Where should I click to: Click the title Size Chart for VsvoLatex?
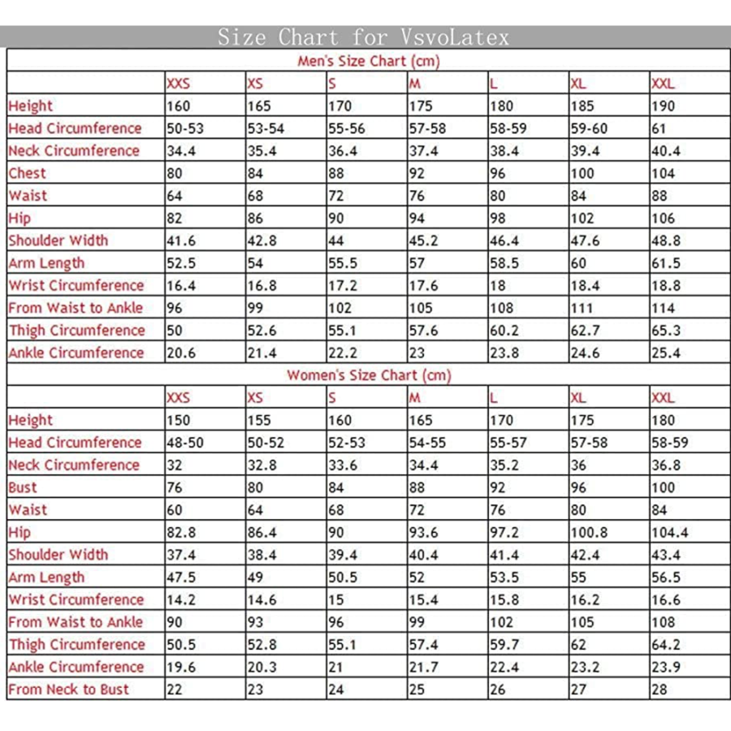pyautogui.click(x=362, y=37)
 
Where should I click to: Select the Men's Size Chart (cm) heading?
pyautogui.click(x=368, y=62)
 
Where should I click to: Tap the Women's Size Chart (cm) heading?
pyautogui.click(x=368, y=375)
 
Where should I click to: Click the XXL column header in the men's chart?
pyautogui.click(x=663, y=84)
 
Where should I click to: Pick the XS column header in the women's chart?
pyautogui.click(x=255, y=398)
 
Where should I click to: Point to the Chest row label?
pyautogui.click(x=28, y=173)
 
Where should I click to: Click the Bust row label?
pyautogui.click(x=23, y=487)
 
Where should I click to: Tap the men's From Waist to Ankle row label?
pyautogui.click(x=76, y=308)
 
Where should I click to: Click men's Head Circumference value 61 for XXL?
pyautogui.click(x=660, y=128)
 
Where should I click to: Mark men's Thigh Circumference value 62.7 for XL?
pyautogui.click(x=587, y=331)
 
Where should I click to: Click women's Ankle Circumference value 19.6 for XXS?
pyautogui.click(x=181, y=668)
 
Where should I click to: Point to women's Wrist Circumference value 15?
pyautogui.click(x=336, y=600)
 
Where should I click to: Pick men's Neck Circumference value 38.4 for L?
pyautogui.click(x=505, y=151)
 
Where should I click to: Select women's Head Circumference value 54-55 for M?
pyautogui.click(x=427, y=443)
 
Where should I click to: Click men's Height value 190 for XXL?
pyautogui.click(x=664, y=106)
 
